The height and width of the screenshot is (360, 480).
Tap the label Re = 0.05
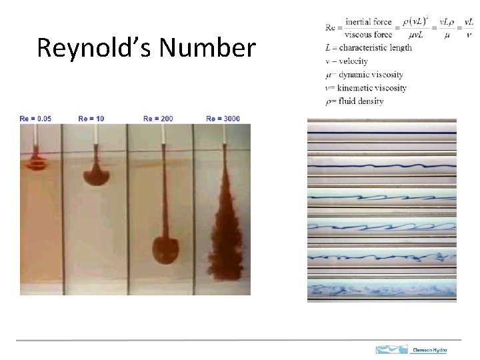point(35,119)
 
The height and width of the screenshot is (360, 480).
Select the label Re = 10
point(91,119)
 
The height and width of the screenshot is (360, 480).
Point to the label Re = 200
point(158,119)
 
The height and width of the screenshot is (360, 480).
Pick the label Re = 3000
point(223,119)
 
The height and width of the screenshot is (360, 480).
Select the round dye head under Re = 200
point(165,249)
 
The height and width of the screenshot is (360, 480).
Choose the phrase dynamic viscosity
point(371,75)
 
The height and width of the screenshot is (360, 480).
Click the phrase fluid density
point(360,101)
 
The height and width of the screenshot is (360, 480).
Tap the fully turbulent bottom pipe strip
point(381,290)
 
